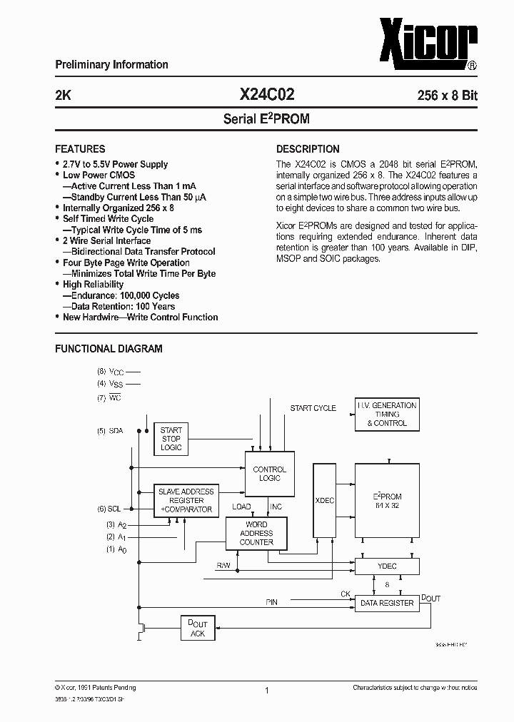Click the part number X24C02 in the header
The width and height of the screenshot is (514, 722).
click(x=266, y=94)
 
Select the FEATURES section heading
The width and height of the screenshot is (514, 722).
click(x=80, y=149)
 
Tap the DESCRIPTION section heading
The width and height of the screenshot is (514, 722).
click(x=308, y=149)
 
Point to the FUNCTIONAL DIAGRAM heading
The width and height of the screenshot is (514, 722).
click(x=109, y=349)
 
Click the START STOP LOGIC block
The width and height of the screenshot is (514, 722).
click(x=171, y=439)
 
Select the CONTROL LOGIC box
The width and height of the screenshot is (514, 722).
click(x=269, y=474)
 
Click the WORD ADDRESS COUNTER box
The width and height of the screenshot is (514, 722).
click(x=256, y=533)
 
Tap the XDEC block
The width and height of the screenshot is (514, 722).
click(x=324, y=500)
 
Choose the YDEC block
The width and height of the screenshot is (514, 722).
click(x=386, y=566)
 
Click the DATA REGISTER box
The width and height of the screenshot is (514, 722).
click(x=386, y=603)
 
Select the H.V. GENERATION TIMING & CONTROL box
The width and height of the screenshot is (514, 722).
click(x=386, y=415)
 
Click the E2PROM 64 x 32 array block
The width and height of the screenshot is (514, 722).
click(x=386, y=500)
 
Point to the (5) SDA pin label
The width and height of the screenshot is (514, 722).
click(x=110, y=432)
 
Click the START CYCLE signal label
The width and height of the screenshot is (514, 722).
click(x=313, y=408)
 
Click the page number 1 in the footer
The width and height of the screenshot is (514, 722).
click(x=266, y=691)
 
